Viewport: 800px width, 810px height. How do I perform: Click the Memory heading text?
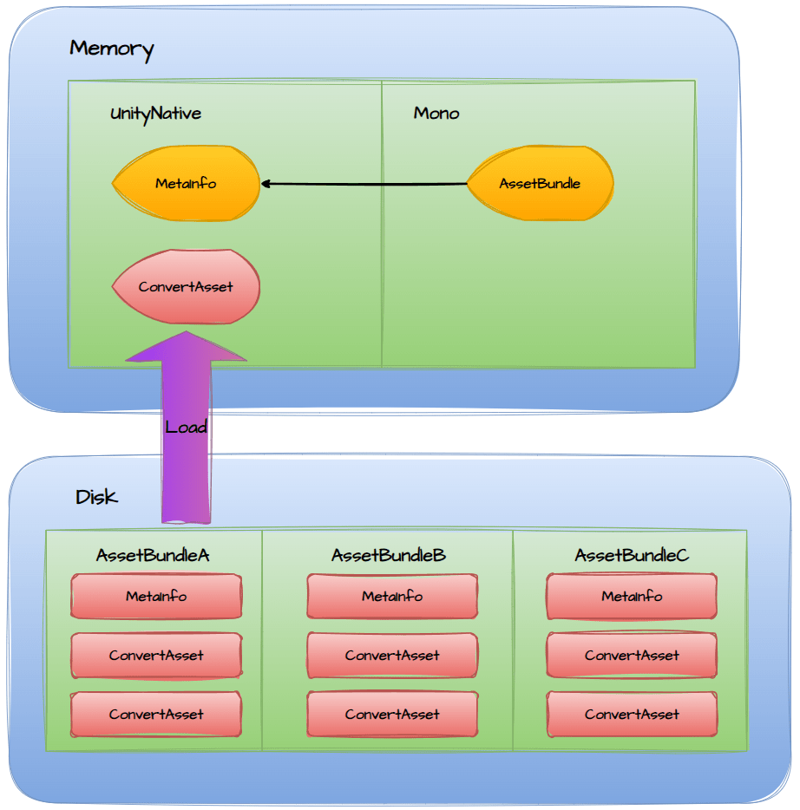[111, 49]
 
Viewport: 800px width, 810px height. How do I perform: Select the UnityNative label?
[155, 114]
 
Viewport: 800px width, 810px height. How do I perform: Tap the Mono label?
[436, 114]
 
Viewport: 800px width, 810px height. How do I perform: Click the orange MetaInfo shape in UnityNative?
[186, 184]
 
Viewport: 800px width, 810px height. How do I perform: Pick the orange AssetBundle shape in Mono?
[540, 184]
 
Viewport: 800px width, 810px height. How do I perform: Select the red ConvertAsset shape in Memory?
[186, 287]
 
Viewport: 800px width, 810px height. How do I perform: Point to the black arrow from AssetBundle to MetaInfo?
[364, 184]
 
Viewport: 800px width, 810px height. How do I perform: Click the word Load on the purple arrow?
[186, 427]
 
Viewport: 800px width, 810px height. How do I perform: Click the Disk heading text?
[96, 498]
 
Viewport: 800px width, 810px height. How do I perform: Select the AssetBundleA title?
[153, 555]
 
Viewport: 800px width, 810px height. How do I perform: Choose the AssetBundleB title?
[389, 555]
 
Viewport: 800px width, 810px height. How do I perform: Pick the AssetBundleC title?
[632, 555]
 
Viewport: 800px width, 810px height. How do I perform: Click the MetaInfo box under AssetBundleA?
[156, 597]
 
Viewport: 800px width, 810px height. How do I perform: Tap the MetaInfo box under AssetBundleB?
[392, 597]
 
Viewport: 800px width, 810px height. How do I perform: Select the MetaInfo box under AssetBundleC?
[632, 597]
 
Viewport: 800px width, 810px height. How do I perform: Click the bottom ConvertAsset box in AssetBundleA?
[156, 715]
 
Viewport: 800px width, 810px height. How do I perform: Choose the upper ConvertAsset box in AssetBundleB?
[392, 656]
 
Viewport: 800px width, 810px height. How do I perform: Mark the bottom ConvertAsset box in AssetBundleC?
[632, 715]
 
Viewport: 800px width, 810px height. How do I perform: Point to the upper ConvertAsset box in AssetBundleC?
[632, 656]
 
